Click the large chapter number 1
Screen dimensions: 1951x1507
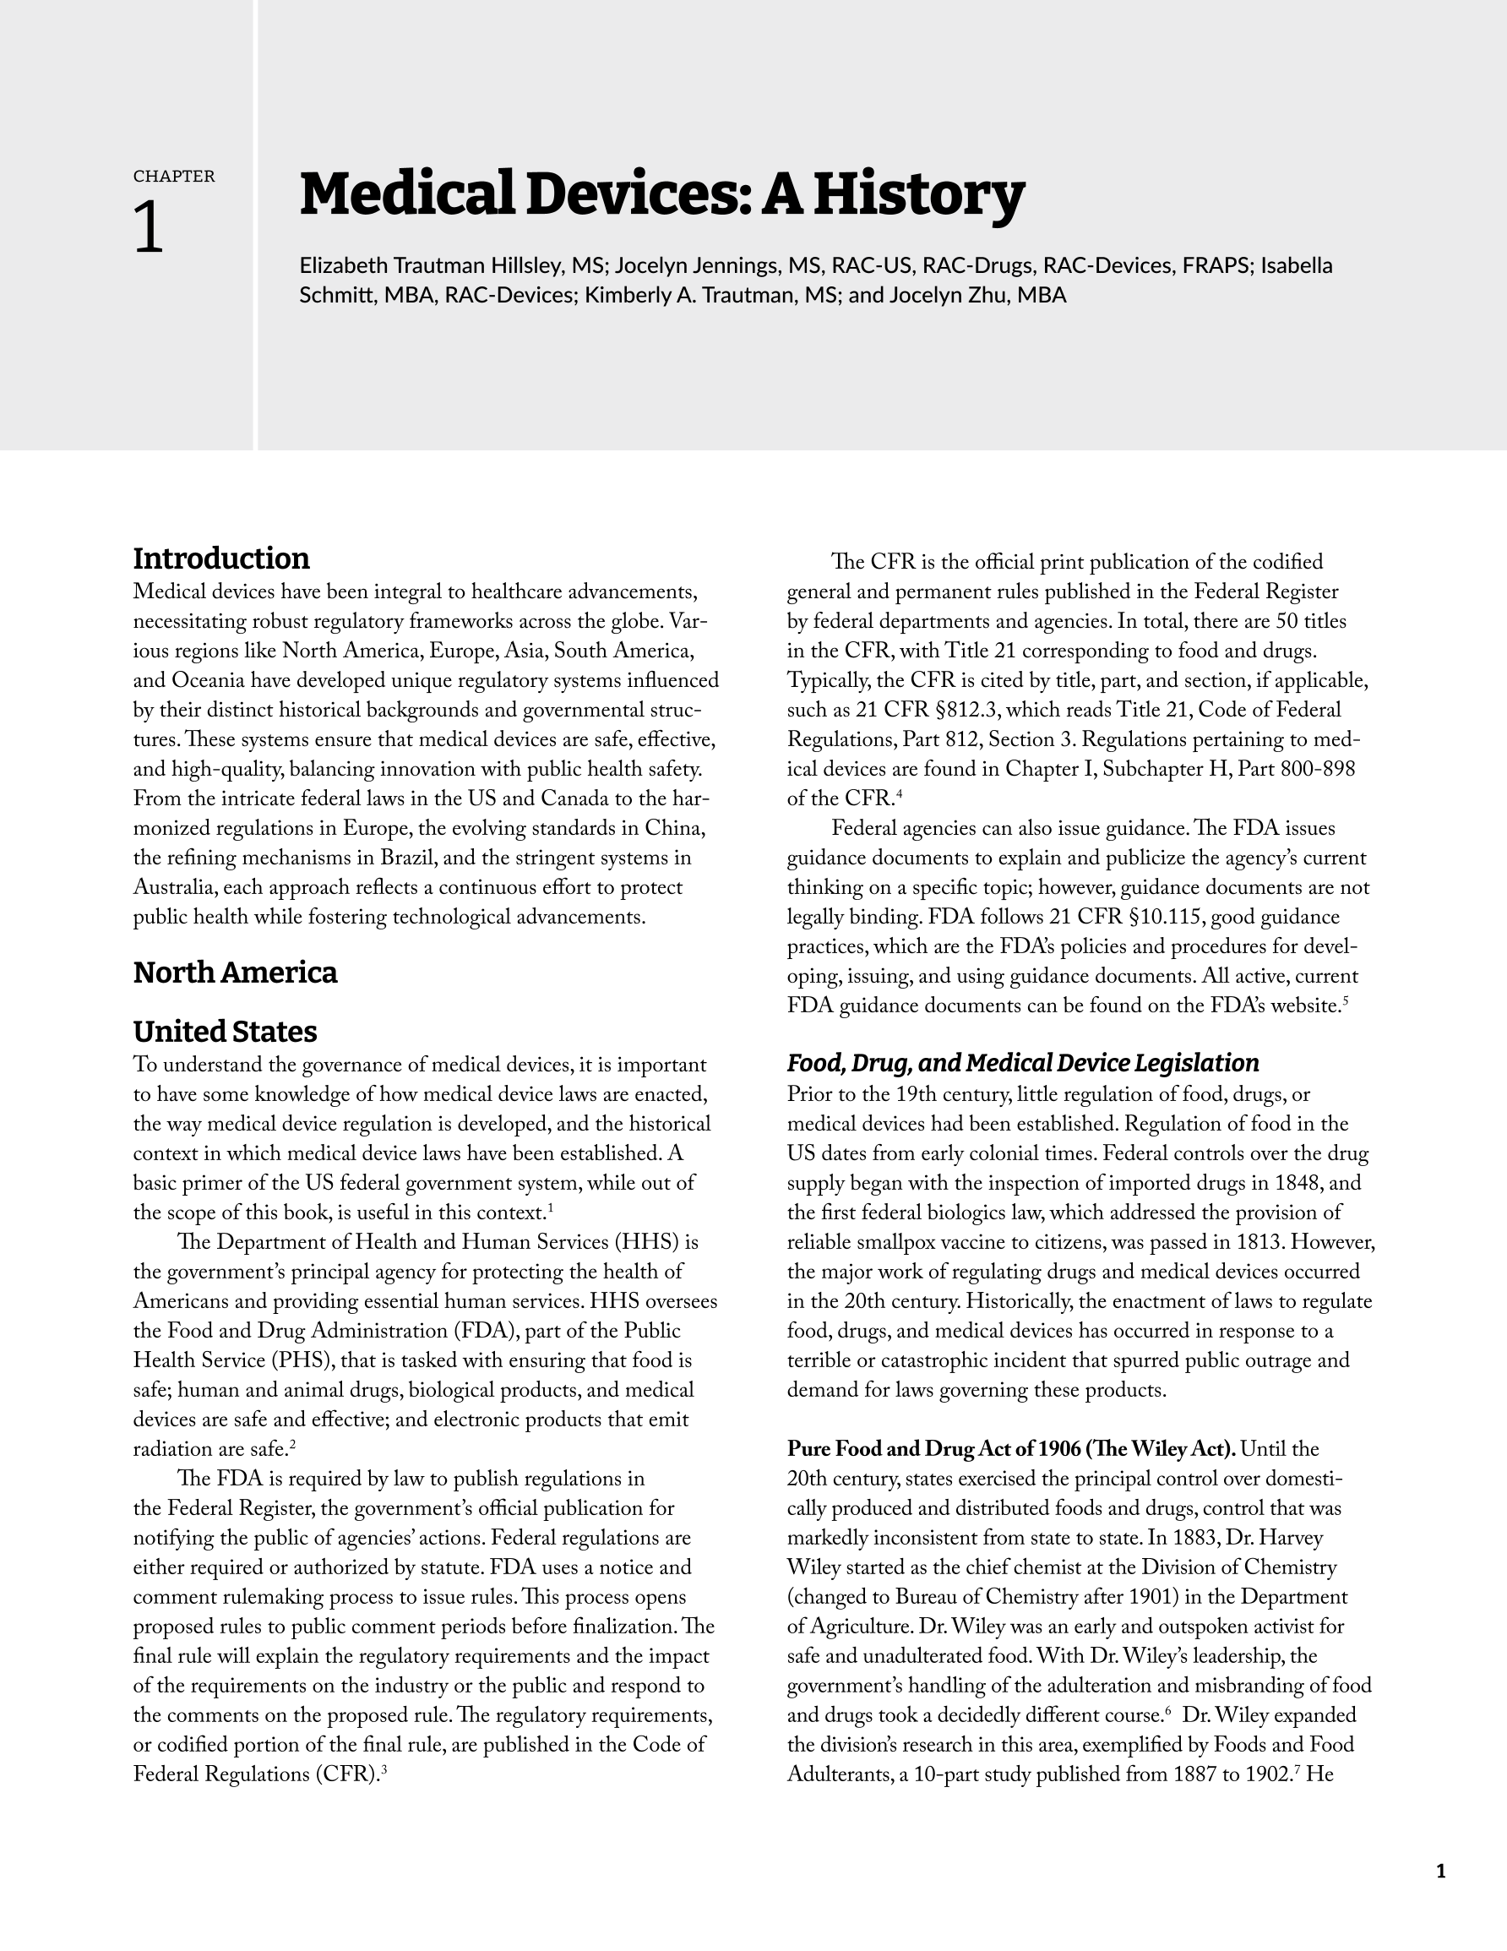click(x=150, y=229)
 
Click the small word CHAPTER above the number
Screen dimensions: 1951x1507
click(x=174, y=177)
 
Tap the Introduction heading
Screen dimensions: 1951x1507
click(x=221, y=559)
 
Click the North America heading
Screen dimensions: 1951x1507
click(x=235, y=973)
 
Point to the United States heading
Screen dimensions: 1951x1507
click(x=225, y=1032)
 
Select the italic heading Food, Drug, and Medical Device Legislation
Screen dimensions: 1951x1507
click(x=1023, y=1063)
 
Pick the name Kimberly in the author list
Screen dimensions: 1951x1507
click(x=626, y=295)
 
